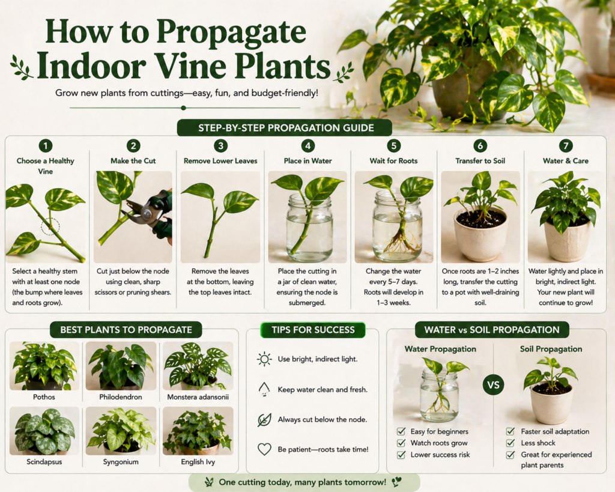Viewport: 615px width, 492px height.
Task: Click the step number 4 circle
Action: point(308,146)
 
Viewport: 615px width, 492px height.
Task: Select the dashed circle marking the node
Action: point(50,227)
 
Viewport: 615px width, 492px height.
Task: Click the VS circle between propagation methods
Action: point(493,385)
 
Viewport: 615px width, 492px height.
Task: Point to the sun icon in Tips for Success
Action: point(264,359)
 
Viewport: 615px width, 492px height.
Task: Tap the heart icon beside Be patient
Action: point(264,449)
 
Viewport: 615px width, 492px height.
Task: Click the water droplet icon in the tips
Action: point(264,389)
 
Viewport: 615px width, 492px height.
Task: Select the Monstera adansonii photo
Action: point(198,365)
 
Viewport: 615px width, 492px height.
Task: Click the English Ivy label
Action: point(198,462)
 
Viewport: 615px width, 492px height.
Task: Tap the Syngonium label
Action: point(121,462)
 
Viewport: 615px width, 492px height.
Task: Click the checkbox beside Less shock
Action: point(510,443)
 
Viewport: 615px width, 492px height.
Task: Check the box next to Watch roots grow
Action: point(401,443)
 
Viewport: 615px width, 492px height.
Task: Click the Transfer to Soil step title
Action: point(479,161)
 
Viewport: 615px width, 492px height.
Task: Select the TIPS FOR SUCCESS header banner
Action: point(312,330)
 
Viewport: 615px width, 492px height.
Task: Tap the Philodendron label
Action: point(121,397)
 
